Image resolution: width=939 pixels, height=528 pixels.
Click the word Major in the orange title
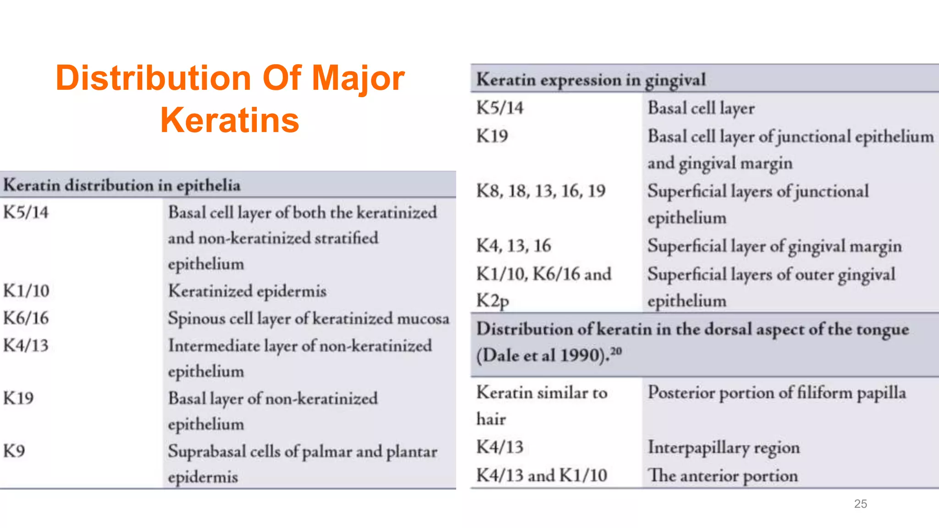click(x=358, y=78)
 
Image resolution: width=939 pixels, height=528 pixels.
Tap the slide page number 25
click(x=860, y=504)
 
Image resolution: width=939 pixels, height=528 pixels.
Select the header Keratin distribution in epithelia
click(x=122, y=185)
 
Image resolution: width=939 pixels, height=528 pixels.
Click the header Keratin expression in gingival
click(x=591, y=80)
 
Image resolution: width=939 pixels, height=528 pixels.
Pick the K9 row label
click(x=14, y=451)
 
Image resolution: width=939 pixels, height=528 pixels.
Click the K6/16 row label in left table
click(x=26, y=318)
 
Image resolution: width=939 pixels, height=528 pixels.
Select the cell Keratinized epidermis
click(x=247, y=291)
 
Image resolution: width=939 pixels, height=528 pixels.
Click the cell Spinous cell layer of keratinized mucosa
click(x=308, y=319)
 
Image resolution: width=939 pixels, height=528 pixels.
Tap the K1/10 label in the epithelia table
click(x=26, y=291)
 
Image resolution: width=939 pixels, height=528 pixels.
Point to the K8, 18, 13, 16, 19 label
click(x=541, y=191)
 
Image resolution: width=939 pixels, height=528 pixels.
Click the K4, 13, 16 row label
click(x=514, y=246)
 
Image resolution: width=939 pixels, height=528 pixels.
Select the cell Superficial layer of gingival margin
click(x=774, y=246)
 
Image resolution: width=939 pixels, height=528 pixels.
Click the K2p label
click(x=492, y=301)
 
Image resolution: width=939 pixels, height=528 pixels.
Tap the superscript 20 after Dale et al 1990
click(x=616, y=351)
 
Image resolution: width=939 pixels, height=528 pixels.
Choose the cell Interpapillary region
click(x=723, y=447)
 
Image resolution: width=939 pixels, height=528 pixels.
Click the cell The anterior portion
click(x=722, y=476)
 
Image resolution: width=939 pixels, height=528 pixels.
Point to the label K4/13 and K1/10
click(x=541, y=475)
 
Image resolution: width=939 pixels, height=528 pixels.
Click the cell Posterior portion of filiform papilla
click(x=776, y=393)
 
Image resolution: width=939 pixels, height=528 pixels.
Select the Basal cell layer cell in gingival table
click(x=701, y=108)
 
